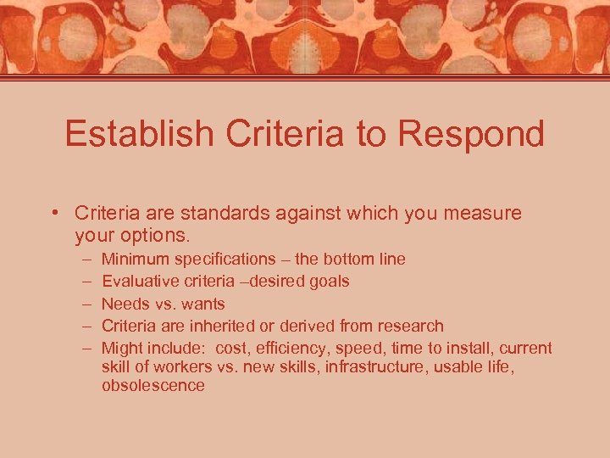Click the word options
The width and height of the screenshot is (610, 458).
157,235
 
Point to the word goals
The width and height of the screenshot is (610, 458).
329,282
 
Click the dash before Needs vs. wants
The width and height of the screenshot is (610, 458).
87,304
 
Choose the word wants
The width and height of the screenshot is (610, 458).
204,304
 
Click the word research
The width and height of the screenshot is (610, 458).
411,326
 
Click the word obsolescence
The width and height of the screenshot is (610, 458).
152,385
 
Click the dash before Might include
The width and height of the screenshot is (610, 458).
87,348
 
